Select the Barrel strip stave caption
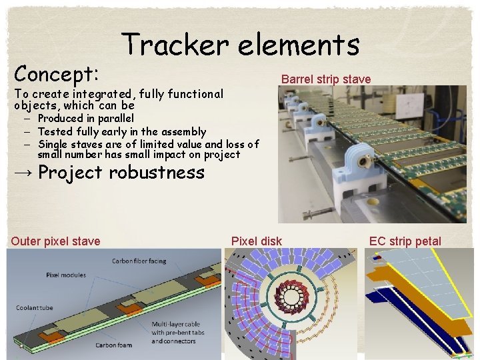[326, 79]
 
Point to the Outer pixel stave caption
[55, 241]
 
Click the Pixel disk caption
[257, 241]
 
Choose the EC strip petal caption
[405, 241]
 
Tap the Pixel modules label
[66, 275]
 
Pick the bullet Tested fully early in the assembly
[122, 131]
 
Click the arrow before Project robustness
[22, 173]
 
